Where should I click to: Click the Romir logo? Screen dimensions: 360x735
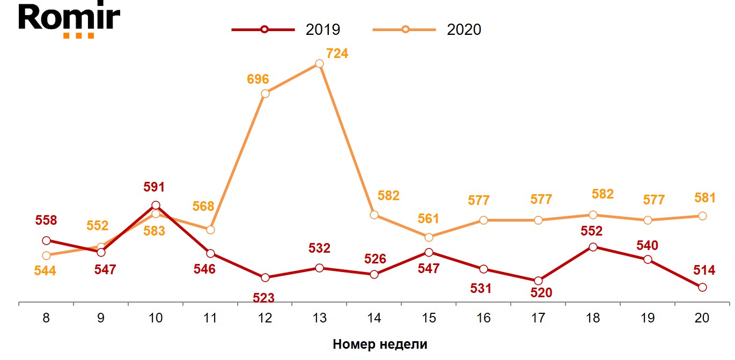point(69,20)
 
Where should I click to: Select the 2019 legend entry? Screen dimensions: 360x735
point(286,30)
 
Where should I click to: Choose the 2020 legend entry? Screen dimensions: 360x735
point(428,30)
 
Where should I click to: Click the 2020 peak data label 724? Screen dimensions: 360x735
point(337,54)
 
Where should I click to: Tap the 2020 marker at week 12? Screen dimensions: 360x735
point(265,93)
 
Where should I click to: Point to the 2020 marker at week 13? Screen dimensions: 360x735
point(319,63)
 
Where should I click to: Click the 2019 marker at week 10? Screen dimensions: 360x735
point(156,205)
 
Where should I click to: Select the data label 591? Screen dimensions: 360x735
point(154,187)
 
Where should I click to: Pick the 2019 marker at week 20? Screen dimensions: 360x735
point(702,287)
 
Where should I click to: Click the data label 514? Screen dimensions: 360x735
point(704,270)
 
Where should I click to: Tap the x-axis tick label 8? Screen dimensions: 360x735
point(46,318)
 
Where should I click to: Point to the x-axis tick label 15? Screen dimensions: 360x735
point(429,318)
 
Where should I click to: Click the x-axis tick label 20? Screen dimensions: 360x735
point(702,318)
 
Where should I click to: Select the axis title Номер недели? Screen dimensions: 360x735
point(380,344)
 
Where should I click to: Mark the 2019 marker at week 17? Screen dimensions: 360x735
point(538,281)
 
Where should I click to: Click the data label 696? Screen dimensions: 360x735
point(258,79)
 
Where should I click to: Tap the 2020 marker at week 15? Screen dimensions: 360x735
point(429,237)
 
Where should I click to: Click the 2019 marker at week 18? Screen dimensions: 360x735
point(593,247)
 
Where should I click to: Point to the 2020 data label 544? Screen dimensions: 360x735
point(46,271)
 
